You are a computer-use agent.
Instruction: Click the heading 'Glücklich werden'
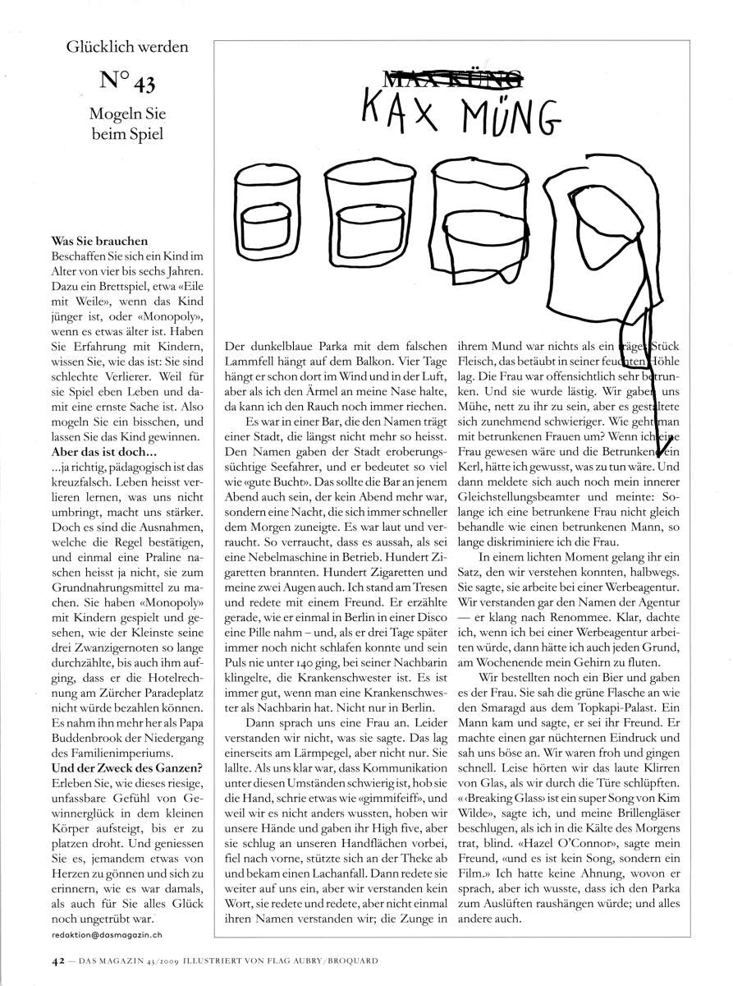tap(127, 47)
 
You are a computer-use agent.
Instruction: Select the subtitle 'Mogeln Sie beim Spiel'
tap(127, 122)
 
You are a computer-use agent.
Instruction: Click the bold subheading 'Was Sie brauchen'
tap(99, 242)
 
